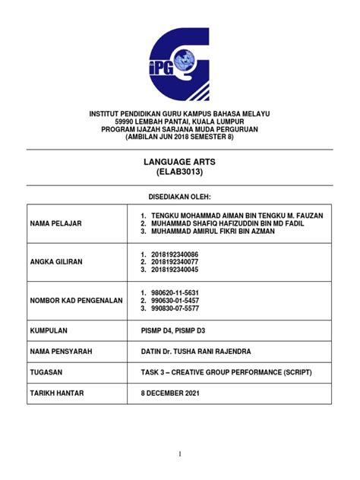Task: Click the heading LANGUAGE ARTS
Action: (x=180, y=163)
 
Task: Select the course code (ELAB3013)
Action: (x=180, y=173)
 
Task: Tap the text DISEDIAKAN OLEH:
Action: (x=180, y=195)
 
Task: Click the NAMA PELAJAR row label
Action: (x=55, y=223)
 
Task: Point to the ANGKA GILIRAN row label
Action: (x=56, y=261)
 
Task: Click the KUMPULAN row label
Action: (x=49, y=331)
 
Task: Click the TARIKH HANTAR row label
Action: (x=57, y=393)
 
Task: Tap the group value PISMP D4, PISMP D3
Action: (x=172, y=331)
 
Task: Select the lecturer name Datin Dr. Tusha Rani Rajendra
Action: (x=201, y=352)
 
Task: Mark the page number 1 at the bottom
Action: (x=180, y=454)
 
